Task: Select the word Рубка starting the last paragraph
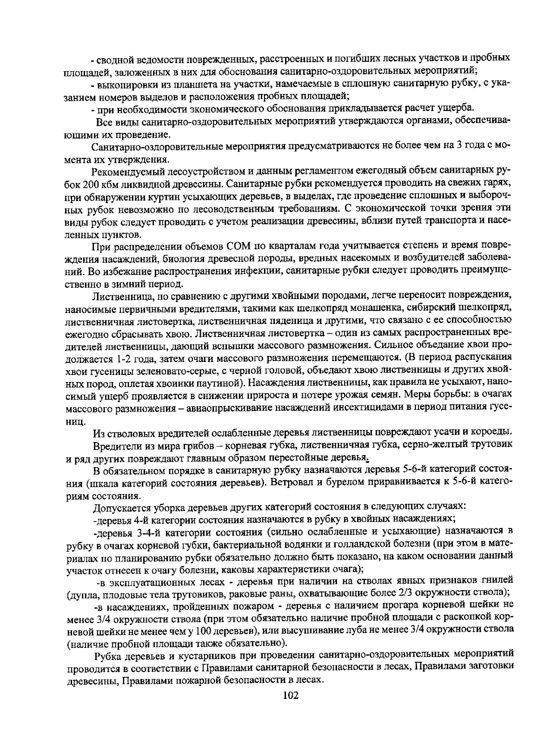[x=109, y=655]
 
